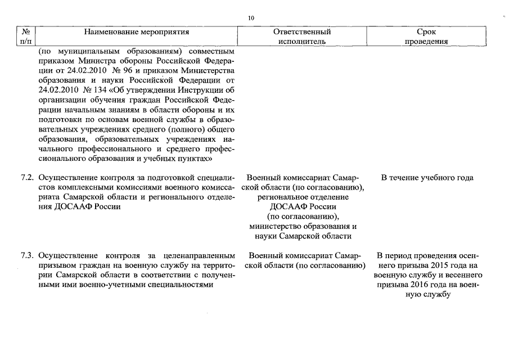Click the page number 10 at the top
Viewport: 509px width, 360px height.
pos(251,19)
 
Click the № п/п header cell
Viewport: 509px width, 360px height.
pos(24,37)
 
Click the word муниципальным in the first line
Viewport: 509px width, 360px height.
pos(84,51)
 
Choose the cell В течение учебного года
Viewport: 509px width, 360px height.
pos(427,178)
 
